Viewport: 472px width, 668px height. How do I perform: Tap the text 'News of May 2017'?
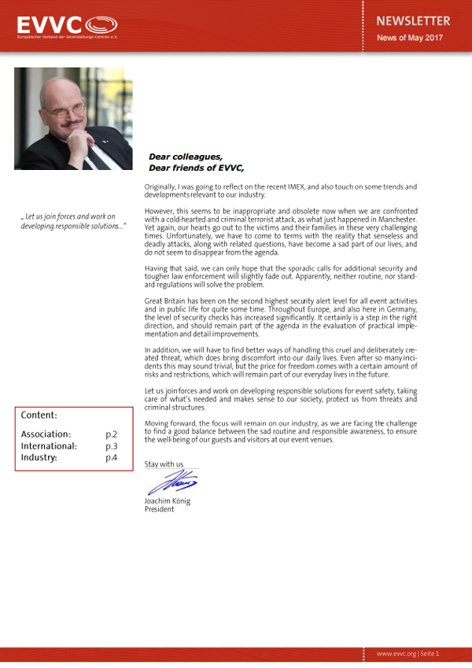click(409, 38)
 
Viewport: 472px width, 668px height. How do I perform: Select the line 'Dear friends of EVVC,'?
click(197, 168)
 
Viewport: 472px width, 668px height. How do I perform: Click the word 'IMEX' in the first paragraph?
click(322, 186)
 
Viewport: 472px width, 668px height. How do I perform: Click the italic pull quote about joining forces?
click(73, 221)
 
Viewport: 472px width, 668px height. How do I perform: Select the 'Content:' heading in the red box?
click(39, 415)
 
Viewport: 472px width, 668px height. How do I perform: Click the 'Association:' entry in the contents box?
click(46, 434)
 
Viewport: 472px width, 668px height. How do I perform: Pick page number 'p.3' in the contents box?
click(112, 445)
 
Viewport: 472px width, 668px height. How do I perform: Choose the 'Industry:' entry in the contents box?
click(39, 457)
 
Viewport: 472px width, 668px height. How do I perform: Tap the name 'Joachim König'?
click(168, 501)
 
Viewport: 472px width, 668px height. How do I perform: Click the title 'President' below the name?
click(159, 510)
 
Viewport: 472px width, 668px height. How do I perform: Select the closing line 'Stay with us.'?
click(164, 464)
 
